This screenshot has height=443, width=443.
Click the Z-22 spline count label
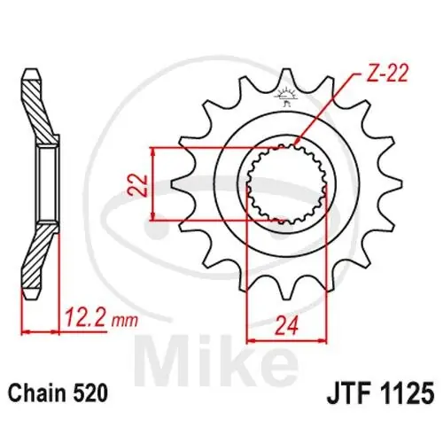pos(386,73)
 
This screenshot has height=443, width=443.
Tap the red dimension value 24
pos(286,326)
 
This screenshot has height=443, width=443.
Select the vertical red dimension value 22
pos(138,185)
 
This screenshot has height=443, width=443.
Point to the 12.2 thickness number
pos(85,317)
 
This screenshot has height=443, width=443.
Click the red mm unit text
pos(124,321)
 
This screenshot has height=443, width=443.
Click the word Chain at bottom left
pos(37,393)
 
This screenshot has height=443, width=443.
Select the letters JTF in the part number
pos(348,393)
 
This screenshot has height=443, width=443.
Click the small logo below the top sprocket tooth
pos(285,97)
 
